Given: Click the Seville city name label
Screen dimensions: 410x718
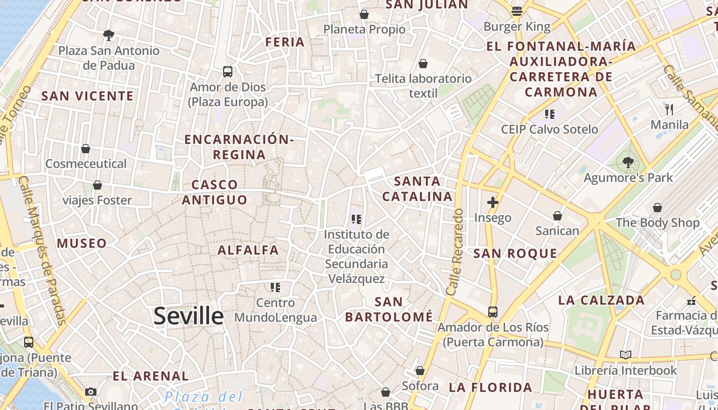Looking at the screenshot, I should [188, 316].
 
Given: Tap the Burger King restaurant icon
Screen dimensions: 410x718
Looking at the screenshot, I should [517, 11].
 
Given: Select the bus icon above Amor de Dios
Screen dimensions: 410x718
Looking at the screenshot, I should [228, 71].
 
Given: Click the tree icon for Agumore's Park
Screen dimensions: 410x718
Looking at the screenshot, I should [628, 162].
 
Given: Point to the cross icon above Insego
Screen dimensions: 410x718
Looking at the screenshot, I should [492, 202].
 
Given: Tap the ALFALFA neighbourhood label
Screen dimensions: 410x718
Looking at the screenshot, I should [248, 250].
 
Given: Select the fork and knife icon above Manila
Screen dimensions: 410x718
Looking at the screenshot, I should [669, 109].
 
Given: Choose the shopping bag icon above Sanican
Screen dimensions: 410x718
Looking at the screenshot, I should [557, 216].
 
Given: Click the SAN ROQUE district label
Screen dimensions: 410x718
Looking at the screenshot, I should [515, 253].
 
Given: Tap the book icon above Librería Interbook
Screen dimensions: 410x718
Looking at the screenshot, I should [625, 355].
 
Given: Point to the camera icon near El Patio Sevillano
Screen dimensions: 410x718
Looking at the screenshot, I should [91, 392].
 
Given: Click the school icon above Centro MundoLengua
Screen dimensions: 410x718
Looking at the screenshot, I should [275, 288].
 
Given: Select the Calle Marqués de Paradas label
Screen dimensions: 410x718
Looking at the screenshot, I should [43, 251].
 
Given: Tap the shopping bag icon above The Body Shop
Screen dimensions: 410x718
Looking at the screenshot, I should [657, 208].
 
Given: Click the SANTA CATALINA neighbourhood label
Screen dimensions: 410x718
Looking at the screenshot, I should [417, 189].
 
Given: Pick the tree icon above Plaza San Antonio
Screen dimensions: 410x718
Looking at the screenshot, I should [108, 35].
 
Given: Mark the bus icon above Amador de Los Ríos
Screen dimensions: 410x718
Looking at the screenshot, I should [492, 312].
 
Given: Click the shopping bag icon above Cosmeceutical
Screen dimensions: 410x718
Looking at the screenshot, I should [86, 149].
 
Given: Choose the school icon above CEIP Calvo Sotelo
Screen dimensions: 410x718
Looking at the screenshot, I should [550, 114].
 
